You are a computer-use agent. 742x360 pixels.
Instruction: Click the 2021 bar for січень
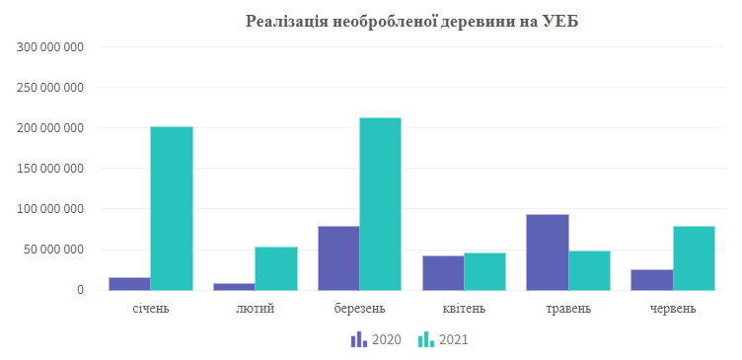pyautogui.click(x=171, y=208)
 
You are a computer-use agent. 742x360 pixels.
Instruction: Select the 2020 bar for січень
pyautogui.click(x=129, y=284)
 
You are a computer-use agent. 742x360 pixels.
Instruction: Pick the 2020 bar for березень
pyautogui.click(x=338, y=258)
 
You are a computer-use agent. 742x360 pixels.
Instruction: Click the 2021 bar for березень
pyautogui.click(x=380, y=204)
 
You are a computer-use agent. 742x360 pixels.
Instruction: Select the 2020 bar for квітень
pyautogui.click(x=443, y=273)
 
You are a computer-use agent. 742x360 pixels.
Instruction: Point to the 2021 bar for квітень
pyautogui.click(x=484, y=271)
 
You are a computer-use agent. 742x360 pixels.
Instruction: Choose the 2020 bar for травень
pyautogui.click(x=548, y=252)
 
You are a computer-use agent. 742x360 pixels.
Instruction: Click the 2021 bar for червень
pyautogui.click(x=694, y=258)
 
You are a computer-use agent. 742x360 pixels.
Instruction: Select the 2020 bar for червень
pyautogui.click(x=652, y=280)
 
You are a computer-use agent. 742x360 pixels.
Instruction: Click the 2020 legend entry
pyautogui.click(x=375, y=340)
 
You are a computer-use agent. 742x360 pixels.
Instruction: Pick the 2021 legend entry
pyautogui.click(x=443, y=340)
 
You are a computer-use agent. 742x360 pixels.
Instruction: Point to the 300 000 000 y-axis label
pyautogui.click(x=51, y=46)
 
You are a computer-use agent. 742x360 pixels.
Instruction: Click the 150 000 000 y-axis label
pyautogui.click(x=51, y=169)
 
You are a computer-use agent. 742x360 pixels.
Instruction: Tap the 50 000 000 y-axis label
pyautogui.click(x=55, y=250)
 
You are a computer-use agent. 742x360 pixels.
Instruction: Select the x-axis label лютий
pyautogui.click(x=256, y=309)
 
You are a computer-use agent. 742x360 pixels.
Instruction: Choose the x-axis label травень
pyautogui.click(x=568, y=309)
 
